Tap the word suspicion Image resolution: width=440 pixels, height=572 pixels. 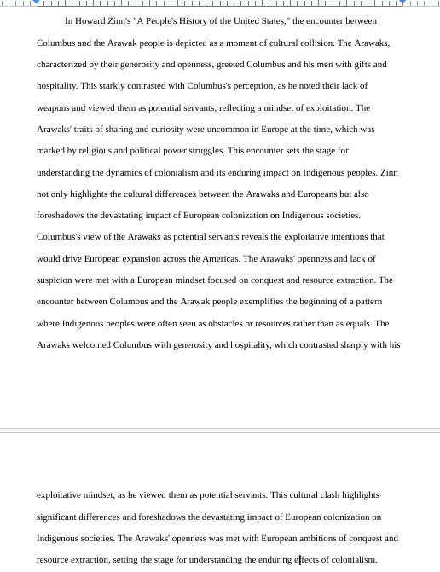point(56,280)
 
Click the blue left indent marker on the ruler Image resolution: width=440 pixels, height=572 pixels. point(37,3)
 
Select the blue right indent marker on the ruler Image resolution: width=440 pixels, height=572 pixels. point(402,3)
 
